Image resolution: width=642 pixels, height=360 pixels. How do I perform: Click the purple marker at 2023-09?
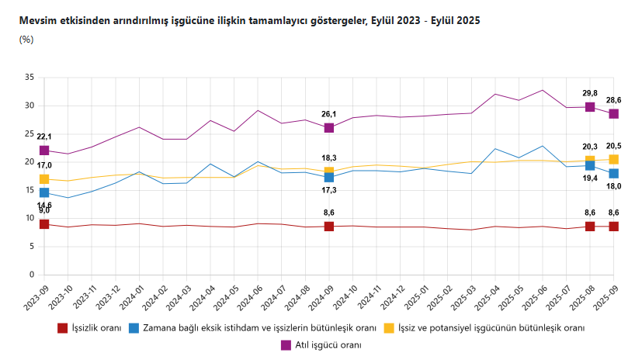pos(44,151)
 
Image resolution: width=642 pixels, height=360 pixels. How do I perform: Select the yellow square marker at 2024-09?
pos(329,172)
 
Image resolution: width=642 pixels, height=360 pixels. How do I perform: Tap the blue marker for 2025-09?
pos(613,174)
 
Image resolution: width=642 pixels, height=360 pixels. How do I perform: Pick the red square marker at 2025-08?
pos(590,227)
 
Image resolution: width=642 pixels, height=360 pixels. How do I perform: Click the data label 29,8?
pos(589,93)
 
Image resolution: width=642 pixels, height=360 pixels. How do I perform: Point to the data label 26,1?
pos(329,114)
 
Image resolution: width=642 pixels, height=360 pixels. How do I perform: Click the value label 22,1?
pos(44,137)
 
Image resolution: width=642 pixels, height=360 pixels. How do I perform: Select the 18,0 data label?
pos(613,186)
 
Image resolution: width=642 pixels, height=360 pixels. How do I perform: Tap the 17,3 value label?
pos(329,190)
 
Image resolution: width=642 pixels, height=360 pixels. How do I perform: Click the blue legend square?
pos(135,328)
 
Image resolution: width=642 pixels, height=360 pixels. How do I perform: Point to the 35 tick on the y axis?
pos(29,78)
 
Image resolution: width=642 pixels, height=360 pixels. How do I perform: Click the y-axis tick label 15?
pos(29,190)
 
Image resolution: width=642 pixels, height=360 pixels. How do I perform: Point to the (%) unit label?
pos(26,40)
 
